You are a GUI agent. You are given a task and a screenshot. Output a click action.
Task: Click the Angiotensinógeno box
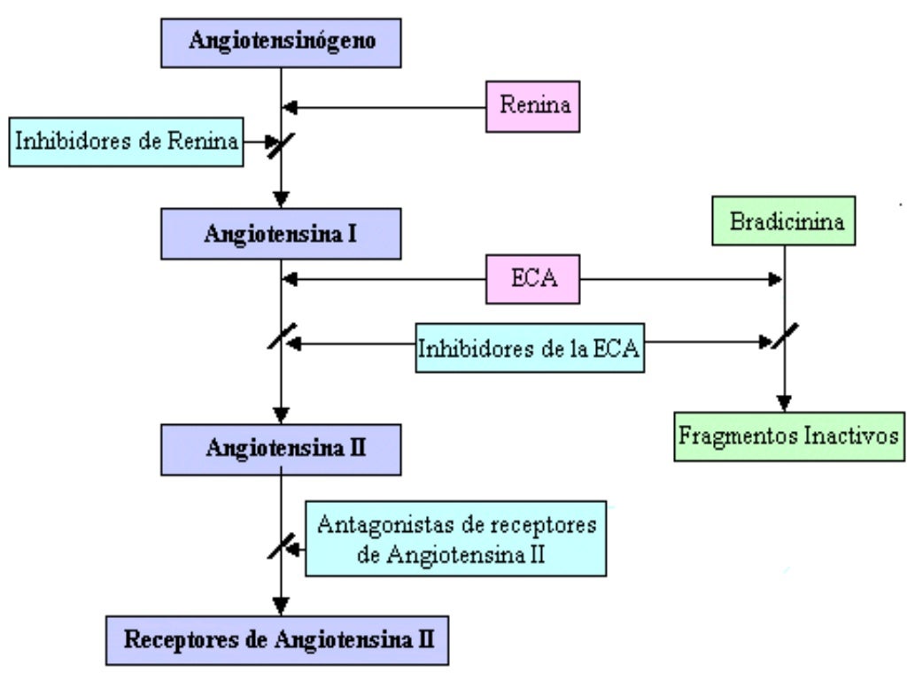click(281, 42)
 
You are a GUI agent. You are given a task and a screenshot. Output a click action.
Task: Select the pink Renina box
click(533, 106)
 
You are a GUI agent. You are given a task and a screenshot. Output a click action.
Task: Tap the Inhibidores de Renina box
click(127, 140)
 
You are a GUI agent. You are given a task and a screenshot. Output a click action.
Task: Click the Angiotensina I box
click(281, 234)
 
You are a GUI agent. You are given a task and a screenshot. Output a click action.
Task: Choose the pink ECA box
click(532, 281)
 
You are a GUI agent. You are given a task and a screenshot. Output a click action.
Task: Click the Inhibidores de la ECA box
click(531, 348)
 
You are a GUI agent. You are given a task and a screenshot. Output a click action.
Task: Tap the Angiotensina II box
click(281, 447)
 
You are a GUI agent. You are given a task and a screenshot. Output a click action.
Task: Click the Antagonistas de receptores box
click(455, 537)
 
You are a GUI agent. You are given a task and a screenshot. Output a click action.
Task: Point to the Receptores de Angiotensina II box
click(277, 638)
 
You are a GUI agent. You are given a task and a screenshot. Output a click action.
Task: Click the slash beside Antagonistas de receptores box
click(281, 545)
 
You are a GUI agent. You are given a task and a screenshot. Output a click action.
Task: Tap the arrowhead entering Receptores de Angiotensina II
click(281, 607)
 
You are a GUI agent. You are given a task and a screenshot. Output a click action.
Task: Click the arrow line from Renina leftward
click(390, 107)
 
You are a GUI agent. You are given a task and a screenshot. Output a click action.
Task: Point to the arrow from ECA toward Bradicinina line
click(682, 280)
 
